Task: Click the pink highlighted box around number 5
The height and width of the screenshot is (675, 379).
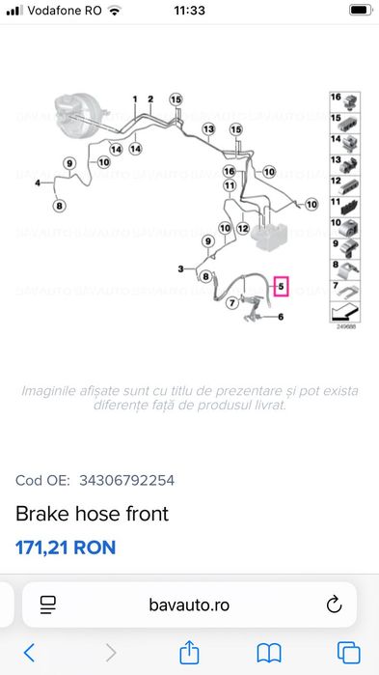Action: click(281, 287)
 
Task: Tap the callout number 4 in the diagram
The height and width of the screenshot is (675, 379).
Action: click(38, 182)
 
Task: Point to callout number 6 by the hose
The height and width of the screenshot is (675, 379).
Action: click(281, 317)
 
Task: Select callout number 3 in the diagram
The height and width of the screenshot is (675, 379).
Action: click(180, 267)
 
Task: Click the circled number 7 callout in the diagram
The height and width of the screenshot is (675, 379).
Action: click(231, 302)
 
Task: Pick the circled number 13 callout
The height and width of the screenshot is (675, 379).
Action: click(207, 128)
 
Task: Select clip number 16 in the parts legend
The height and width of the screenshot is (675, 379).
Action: click(343, 99)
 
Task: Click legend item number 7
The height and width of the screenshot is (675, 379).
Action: click(343, 289)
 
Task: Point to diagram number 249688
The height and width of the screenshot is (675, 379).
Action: click(344, 327)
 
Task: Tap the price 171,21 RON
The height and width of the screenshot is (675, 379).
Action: click(66, 548)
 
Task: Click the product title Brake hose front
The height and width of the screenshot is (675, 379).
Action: click(92, 514)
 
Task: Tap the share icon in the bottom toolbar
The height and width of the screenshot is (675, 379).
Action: click(190, 652)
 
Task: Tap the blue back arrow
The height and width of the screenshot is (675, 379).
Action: click(29, 652)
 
